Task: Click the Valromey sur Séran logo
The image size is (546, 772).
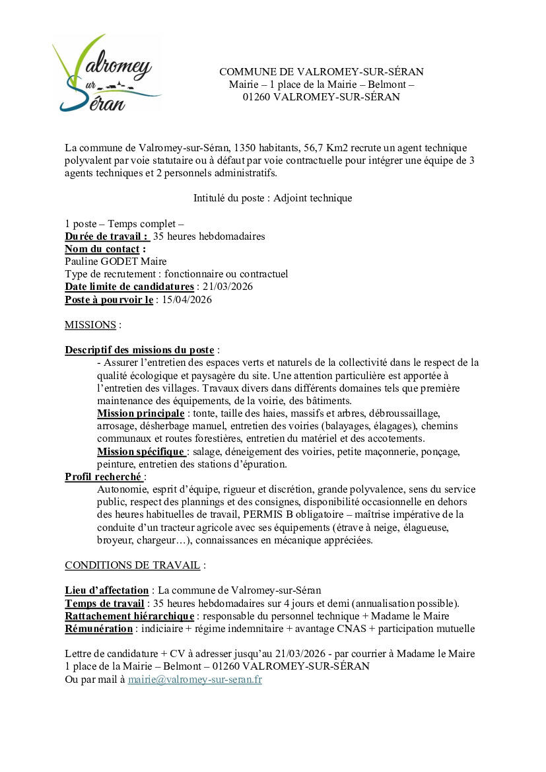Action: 106,74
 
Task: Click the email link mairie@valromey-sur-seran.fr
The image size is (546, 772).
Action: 195,679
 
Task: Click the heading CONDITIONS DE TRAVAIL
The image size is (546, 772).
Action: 132,565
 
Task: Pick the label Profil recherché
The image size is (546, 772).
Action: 103,476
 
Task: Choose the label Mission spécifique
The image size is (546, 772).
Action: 140,452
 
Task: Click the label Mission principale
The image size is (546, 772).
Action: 140,413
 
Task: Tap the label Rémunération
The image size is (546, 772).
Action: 98,629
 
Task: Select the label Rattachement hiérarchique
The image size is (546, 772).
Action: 129,616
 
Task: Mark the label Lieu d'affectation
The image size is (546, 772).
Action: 106,590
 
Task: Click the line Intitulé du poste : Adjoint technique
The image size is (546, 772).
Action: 272,198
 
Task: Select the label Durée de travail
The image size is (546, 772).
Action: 106,236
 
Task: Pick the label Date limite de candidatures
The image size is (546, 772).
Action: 129,287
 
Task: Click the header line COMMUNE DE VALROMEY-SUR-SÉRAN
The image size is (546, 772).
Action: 321,72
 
